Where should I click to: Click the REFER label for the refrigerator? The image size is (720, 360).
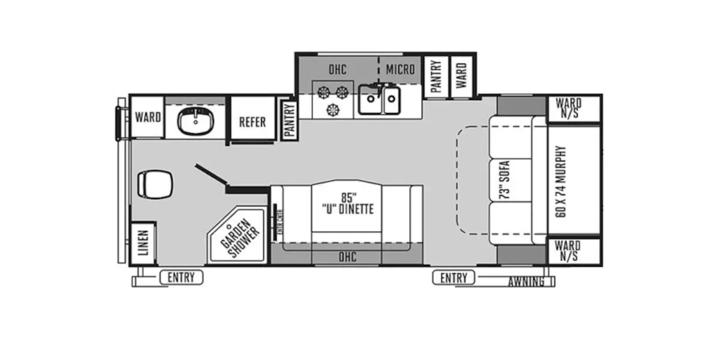tap(252, 122)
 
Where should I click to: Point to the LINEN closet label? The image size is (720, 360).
tap(143, 243)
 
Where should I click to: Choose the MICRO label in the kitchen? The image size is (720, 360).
tap(400, 70)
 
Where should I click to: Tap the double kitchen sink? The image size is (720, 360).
tap(380, 100)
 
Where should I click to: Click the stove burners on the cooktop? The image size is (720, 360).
tap(332, 100)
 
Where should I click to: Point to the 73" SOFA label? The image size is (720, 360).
tap(505, 180)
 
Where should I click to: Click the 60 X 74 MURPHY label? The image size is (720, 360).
tap(562, 181)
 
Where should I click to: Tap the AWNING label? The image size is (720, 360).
tap(526, 281)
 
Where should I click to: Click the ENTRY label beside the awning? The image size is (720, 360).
tap(454, 278)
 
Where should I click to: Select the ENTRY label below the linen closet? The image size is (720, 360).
tap(181, 277)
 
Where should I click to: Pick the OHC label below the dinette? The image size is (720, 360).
tap(347, 257)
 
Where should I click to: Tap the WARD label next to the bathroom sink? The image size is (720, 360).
tap(147, 116)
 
